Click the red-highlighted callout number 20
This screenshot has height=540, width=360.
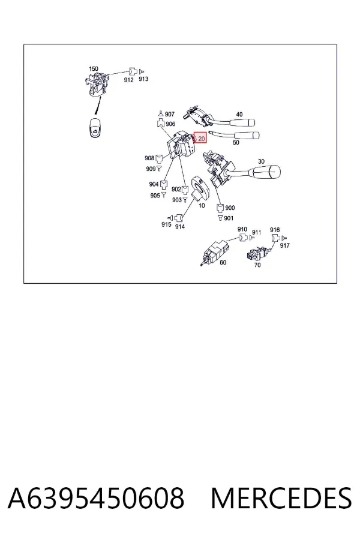coord(201,139)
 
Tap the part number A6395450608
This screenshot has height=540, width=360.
coord(96,498)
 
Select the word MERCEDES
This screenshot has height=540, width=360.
coord(281,498)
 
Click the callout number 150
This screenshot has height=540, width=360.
coord(94,69)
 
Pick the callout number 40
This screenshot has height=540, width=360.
coord(239,115)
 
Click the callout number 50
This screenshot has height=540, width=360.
coord(236,142)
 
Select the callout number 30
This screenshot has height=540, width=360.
coord(261,161)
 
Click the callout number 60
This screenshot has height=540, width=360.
coord(223,262)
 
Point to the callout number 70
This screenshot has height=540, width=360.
coord(257,265)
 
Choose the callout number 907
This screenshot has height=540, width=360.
coord(169,114)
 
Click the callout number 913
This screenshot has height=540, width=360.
coord(143,79)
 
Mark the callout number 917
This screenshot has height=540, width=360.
coord(284,245)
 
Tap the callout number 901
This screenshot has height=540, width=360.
coord(229,218)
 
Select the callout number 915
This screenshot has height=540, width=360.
coord(166,224)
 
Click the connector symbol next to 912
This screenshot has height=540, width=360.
coord(133,71)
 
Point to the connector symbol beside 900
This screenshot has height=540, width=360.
coord(220,208)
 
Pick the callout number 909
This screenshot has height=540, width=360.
coord(151,169)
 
